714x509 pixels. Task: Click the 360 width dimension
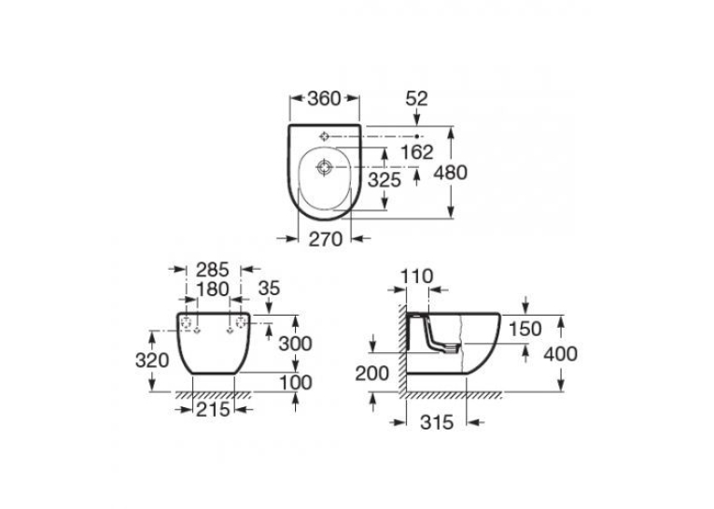point(324,98)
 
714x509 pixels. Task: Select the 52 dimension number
point(416,99)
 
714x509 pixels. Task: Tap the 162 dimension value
point(416,151)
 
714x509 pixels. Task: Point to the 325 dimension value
point(385,180)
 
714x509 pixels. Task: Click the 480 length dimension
point(451,173)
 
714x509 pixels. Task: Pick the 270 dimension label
point(326,239)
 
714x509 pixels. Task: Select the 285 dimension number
point(213,270)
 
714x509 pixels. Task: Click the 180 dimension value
point(213,289)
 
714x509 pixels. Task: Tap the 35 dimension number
point(269,289)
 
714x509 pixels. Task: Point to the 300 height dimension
point(296,344)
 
